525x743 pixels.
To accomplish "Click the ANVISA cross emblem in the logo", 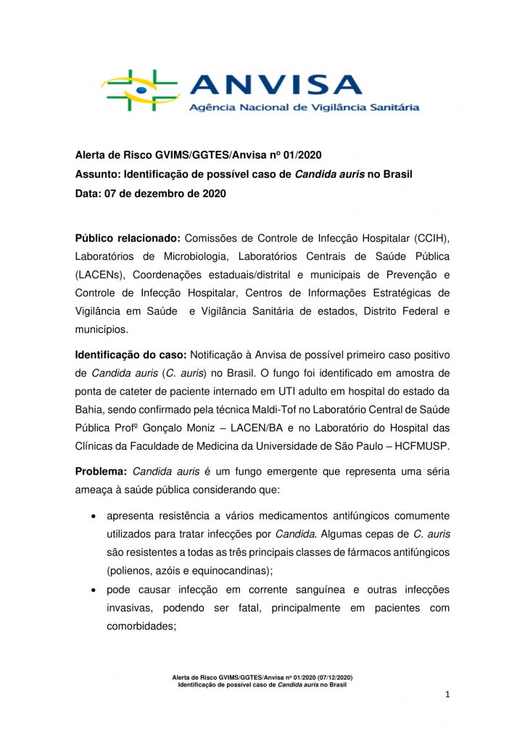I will point(140,90).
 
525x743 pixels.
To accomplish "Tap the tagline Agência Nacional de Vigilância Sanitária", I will point(304,107).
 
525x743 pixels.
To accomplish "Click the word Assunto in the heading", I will point(97,174).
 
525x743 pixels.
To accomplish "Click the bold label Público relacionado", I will point(128,239).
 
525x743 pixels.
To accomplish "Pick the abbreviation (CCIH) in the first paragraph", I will point(432,239).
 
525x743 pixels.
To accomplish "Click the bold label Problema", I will point(102,471).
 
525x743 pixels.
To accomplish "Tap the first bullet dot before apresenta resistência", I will point(94,517).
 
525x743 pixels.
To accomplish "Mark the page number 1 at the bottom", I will point(448,695).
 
